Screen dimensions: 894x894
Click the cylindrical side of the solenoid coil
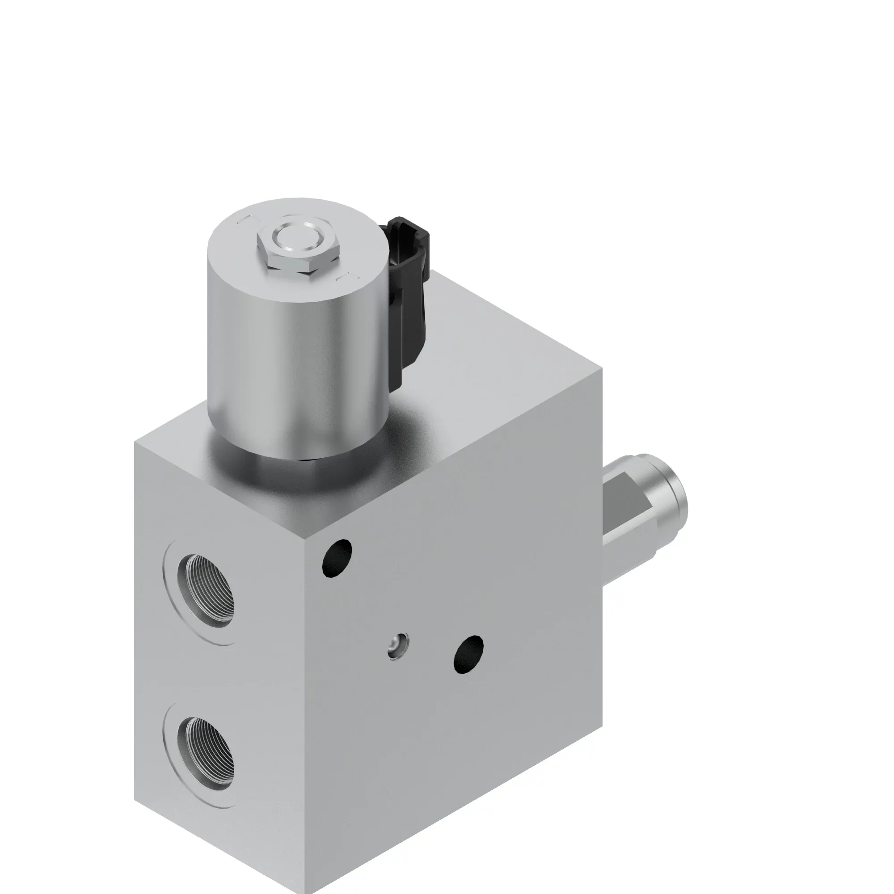[296, 361]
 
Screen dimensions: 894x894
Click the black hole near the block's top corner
[337, 557]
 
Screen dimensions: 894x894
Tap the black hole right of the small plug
[469, 655]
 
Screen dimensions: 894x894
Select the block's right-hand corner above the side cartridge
[602, 370]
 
